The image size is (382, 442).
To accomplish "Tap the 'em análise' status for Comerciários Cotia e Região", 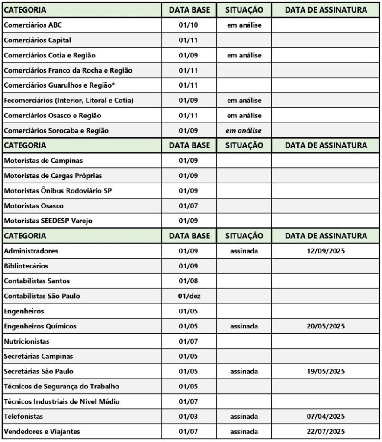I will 244,55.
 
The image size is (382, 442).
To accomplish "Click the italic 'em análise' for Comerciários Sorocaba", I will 244,130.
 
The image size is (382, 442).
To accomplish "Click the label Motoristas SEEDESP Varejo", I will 48,221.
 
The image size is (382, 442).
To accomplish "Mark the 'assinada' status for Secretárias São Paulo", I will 244,371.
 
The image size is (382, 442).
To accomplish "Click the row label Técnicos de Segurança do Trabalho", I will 61,386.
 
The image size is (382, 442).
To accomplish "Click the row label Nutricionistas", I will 26,341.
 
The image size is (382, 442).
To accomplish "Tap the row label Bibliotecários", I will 26,266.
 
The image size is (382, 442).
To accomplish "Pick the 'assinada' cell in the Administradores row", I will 244,251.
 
